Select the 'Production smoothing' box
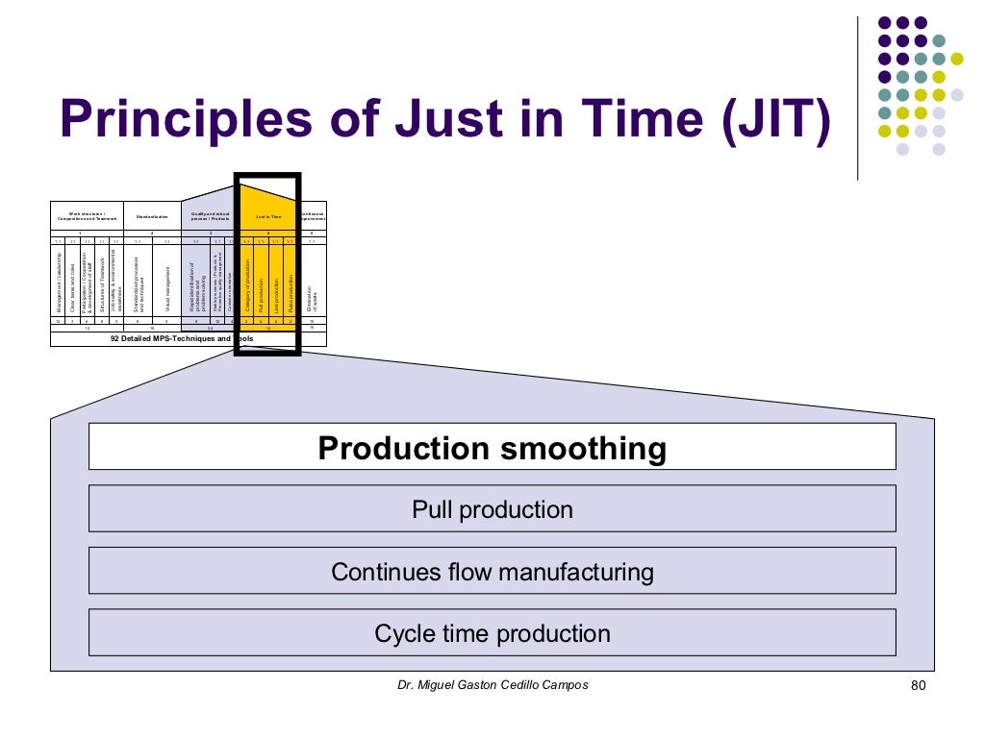click(492, 448)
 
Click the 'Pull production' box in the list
click(492, 509)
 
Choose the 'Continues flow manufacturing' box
click(492, 572)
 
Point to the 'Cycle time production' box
click(492, 633)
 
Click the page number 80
click(916, 686)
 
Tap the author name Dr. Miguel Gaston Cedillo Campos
click(492, 685)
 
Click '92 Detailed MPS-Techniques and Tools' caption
click(183, 339)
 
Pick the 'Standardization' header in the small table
click(152, 217)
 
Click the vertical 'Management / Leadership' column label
click(59, 284)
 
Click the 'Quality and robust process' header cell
click(210, 217)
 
